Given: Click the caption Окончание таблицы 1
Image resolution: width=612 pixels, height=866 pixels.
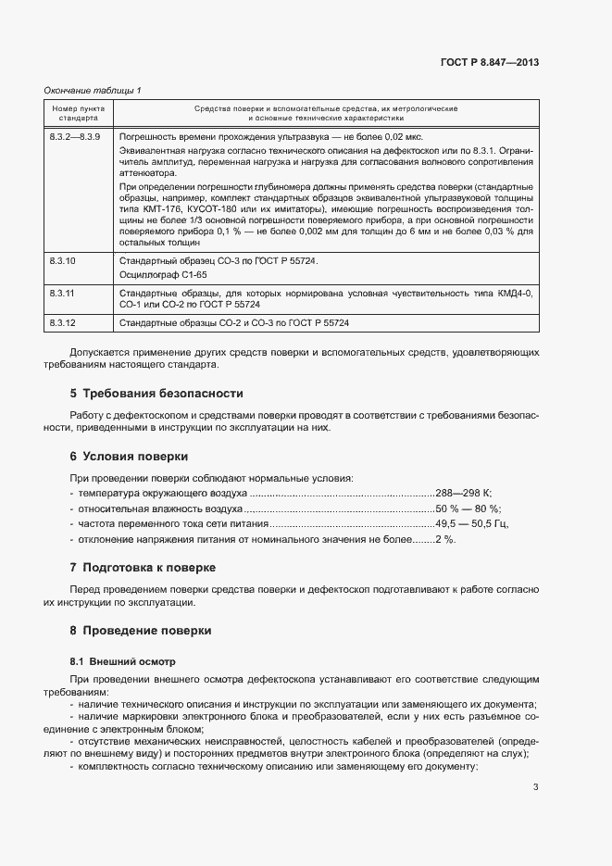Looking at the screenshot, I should point(93,90).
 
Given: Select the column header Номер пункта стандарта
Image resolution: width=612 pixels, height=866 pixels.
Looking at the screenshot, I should point(78,113).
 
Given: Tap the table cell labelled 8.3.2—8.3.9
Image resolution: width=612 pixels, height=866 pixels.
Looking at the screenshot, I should point(75,137).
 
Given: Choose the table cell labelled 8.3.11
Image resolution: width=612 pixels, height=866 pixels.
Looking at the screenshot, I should point(62,292).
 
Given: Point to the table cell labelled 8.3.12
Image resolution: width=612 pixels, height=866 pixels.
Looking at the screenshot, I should point(62,322).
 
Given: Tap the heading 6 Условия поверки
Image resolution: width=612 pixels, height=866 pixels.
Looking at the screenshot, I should point(129,457).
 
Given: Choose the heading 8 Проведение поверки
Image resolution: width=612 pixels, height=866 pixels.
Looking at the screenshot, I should point(141,630).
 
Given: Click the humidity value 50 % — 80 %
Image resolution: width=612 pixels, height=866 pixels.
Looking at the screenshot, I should point(468,508).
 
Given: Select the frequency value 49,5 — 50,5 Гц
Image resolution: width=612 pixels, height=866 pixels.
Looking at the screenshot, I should point(472,523).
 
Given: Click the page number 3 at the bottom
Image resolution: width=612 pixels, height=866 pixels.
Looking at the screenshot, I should point(535,787).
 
